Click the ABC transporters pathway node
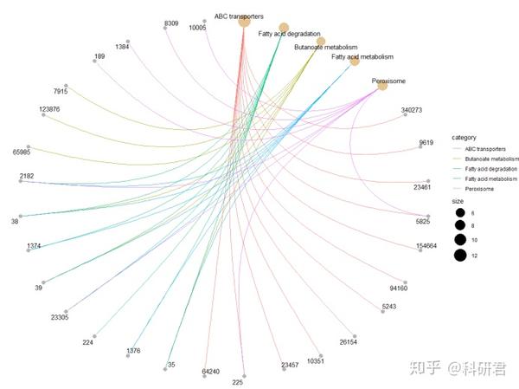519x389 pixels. pyautogui.click(x=244, y=21)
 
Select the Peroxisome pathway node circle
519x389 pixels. pyautogui.click(x=382, y=86)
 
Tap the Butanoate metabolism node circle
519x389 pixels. pyautogui.click(x=321, y=41)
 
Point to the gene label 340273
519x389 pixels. pyautogui.click(x=412, y=110)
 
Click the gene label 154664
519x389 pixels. pyautogui.click(x=426, y=247)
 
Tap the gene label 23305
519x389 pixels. pyautogui.click(x=60, y=318)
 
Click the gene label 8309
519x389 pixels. pyautogui.click(x=170, y=23)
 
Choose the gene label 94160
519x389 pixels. pyautogui.click(x=399, y=288)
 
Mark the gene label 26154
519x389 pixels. pyautogui.click(x=348, y=342)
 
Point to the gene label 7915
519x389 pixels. pyautogui.click(x=60, y=91)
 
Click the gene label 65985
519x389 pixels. pyautogui.click(x=22, y=152)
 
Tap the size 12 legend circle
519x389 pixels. pyautogui.click(x=459, y=255)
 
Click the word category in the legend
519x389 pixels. pyautogui.click(x=465, y=137)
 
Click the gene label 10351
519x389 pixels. pyautogui.click(x=314, y=361)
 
